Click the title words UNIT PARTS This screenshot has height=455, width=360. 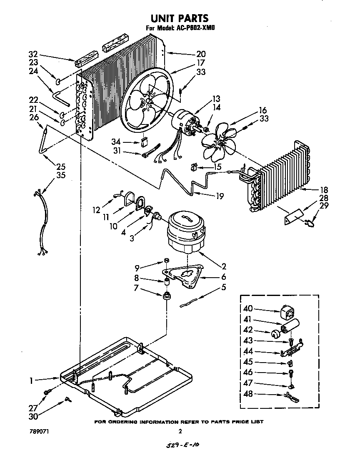(x=179, y=18)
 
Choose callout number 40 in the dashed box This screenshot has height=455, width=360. (x=248, y=309)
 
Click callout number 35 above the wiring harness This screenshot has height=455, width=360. (x=61, y=175)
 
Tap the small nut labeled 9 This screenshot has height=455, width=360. (x=165, y=261)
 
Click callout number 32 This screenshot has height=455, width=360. (x=33, y=54)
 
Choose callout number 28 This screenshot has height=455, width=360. (x=323, y=198)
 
